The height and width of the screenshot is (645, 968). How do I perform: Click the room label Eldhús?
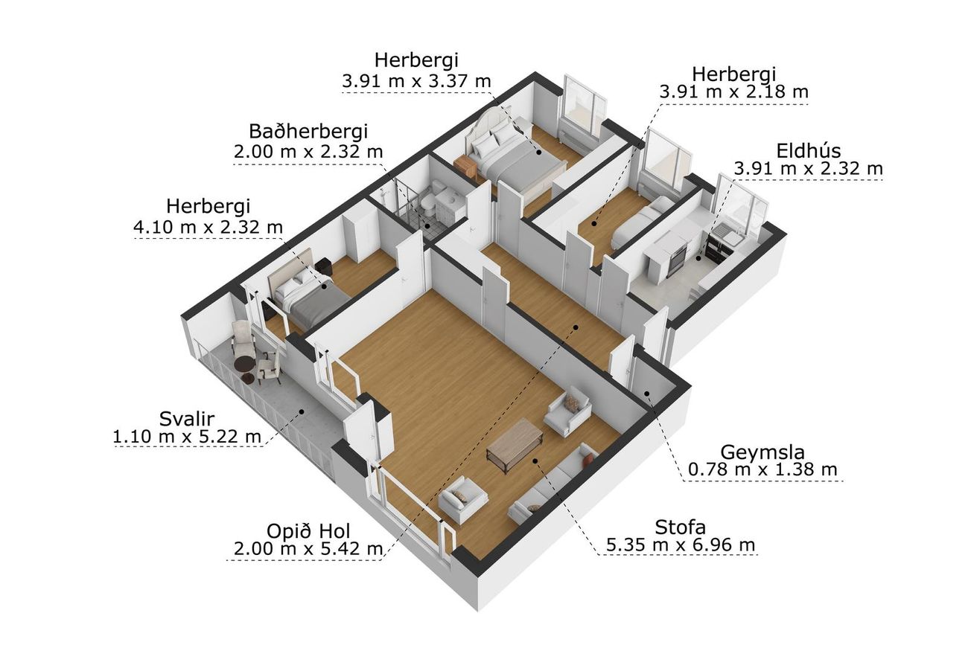[x=809, y=151]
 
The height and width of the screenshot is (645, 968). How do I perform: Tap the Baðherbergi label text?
[x=308, y=131]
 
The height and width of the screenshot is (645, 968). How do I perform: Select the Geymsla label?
[x=762, y=452]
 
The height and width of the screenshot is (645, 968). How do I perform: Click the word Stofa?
[x=680, y=527]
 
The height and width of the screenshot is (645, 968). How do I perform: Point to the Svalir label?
[x=187, y=419]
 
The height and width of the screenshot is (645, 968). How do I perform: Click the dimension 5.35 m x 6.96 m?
[x=681, y=545]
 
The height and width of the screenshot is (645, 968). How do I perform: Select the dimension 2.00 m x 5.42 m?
[x=308, y=549]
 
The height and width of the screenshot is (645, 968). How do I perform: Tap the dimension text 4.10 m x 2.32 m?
[x=208, y=227]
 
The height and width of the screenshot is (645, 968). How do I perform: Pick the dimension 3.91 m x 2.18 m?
[x=733, y=92]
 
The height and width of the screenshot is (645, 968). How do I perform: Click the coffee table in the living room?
[x=515, y=445]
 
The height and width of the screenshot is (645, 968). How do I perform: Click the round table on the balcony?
[x=243, y=365]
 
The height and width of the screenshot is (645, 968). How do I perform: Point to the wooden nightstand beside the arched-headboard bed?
[x=465, y=167]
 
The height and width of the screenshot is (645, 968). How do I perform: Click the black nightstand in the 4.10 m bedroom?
[x=323, y=266]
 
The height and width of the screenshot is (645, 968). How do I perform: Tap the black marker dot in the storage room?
[x=647, y=394]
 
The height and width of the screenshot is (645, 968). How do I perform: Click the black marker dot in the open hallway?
[x=576, y=327]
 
